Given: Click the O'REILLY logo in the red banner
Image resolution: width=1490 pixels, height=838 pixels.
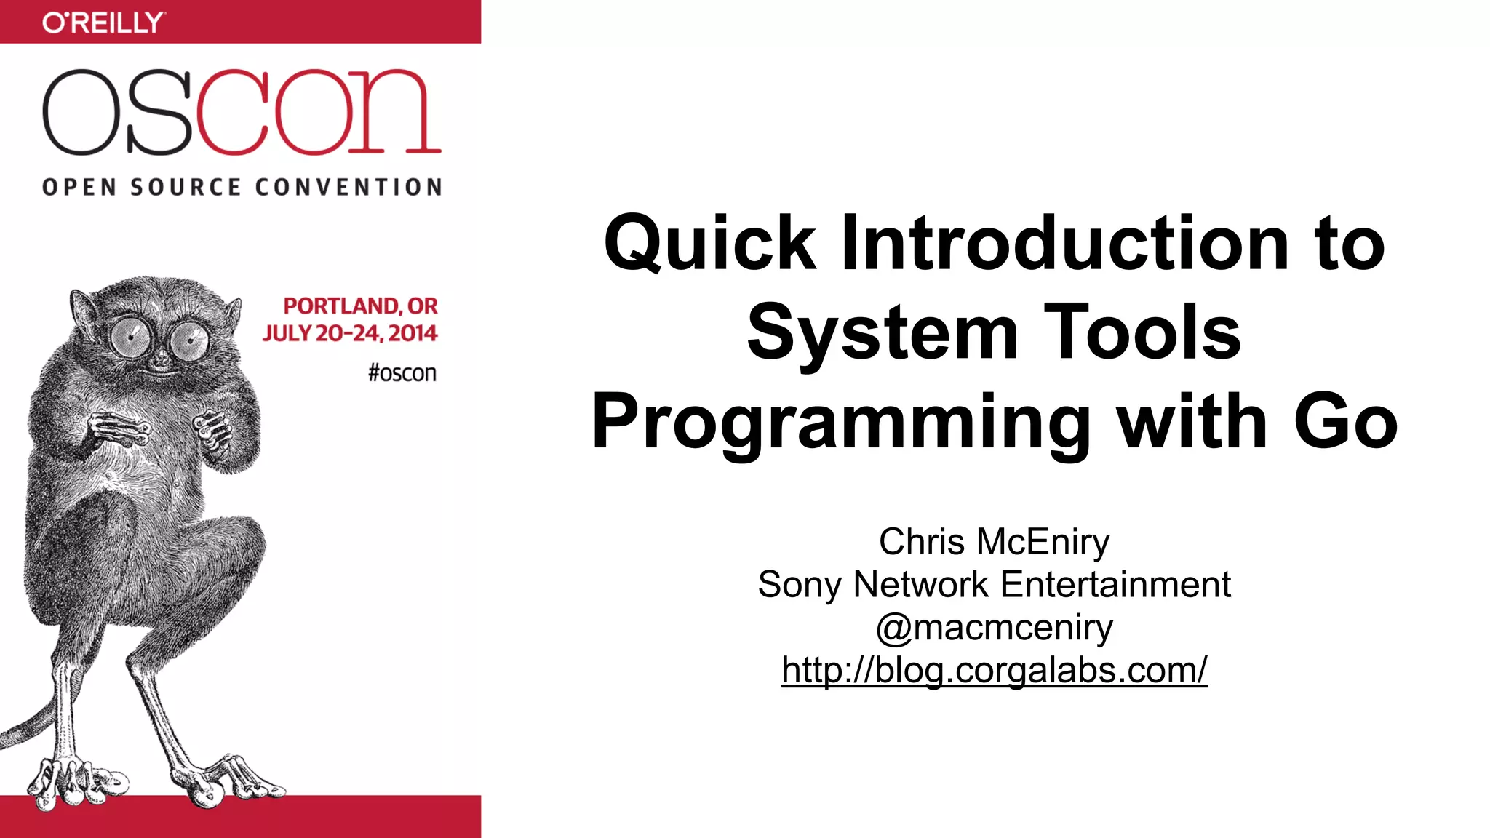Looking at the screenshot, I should (x=103, y=23).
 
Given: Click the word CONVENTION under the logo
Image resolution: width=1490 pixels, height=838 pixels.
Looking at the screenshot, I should (x=348, y=188).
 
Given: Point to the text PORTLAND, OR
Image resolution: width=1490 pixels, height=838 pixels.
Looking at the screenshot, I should (x=360, y=306).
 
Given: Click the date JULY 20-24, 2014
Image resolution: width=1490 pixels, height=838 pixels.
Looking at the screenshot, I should (x=350, y=333).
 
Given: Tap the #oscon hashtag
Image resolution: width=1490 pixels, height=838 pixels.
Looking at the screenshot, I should (x=402, y=373).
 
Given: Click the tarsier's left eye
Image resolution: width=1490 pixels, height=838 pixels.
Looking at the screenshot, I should (x=131, y=336).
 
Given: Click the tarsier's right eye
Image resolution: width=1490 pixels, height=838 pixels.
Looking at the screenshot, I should (x=190, y=340).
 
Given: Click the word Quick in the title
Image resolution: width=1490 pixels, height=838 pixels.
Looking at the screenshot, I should (x=709, y=244).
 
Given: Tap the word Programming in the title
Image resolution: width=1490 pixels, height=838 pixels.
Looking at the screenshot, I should (x=840, y=422).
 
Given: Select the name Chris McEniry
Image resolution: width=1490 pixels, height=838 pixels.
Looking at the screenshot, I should (x=994, y=542).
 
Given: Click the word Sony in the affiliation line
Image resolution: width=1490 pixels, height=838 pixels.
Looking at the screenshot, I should (x=800, y=585).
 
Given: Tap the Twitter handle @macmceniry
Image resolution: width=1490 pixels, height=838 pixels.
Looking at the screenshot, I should (x=994, y=627).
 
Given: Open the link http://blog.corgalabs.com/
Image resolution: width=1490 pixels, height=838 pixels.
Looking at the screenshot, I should (x=994, y=670).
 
